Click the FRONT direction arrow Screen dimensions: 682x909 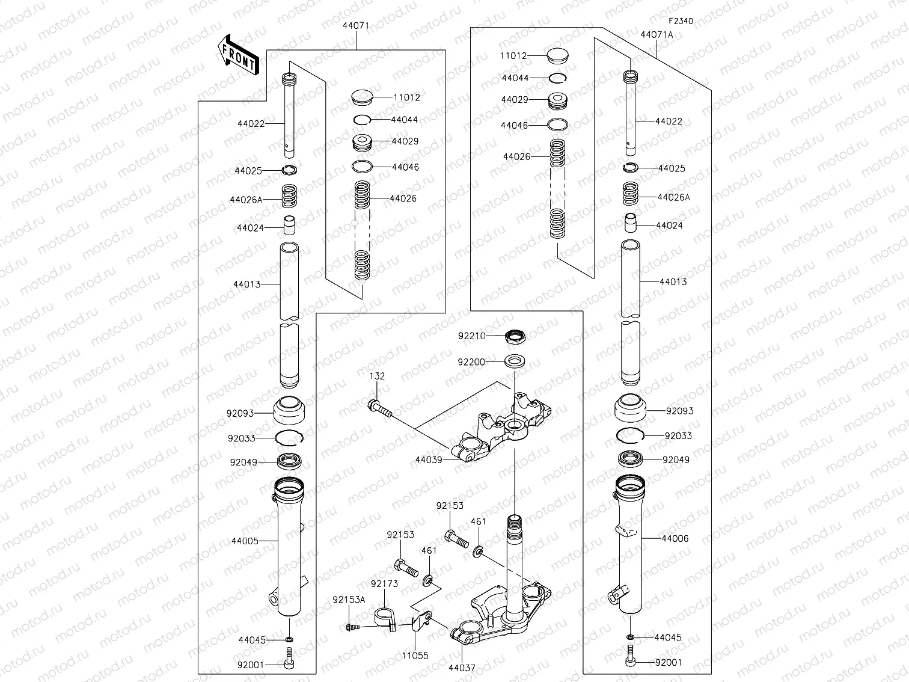click(237, 55)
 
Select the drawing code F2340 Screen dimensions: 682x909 click(680, 21)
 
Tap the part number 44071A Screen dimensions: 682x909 click(656, 35)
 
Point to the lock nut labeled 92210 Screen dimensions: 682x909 click(515, 336)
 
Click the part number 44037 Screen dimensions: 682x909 click(462, 668)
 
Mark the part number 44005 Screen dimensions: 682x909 click(245, 541)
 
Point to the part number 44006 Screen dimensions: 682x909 click(675, 539)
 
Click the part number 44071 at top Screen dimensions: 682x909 click(356, 26)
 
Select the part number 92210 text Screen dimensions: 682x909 click(471, 336)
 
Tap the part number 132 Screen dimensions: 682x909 click(377, 376)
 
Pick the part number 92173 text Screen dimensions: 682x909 click(384, 584)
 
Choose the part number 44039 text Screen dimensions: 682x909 click(429, 460)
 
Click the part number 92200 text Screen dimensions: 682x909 click(471, 362)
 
